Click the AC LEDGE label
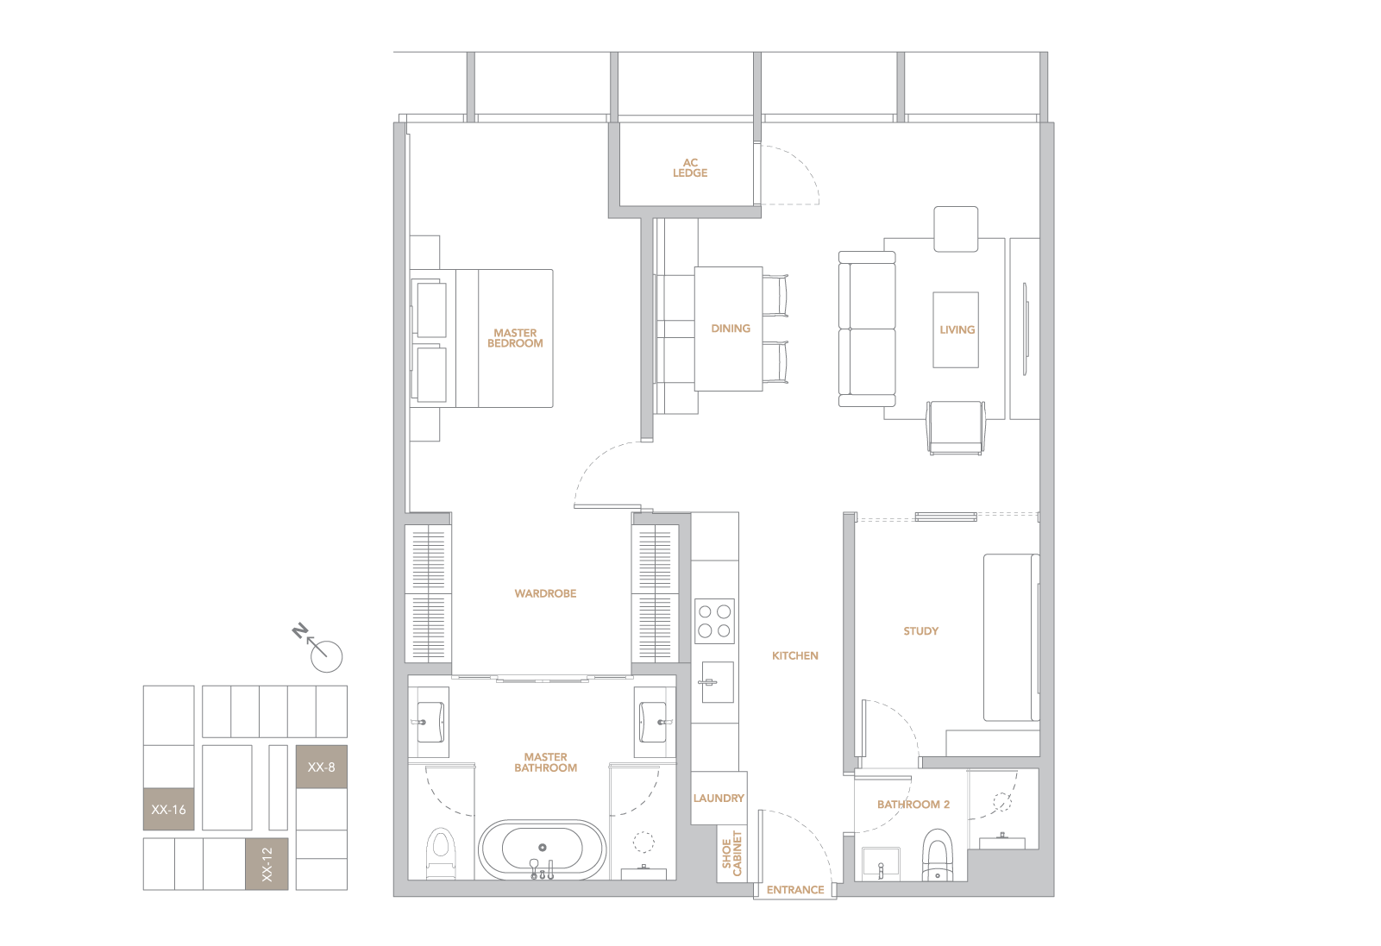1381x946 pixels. click(690, 168)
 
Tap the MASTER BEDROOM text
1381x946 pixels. click(515, 338)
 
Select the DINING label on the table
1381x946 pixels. click(731, 329)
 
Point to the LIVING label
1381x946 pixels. click(957, 329)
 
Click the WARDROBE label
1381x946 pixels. click(546, 593)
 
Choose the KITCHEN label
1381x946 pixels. click(795, 655)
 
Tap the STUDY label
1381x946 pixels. click(921, 631)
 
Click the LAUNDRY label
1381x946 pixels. click(719, 798)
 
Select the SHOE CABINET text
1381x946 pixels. click(731, 854)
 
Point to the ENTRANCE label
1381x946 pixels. click(795, 890)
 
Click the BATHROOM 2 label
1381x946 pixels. click(913, 805)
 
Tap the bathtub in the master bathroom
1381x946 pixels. click(543, 850)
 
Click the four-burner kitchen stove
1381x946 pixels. click(714, 621)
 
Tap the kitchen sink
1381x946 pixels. click(718, 682)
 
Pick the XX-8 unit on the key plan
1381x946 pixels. click(321, 767)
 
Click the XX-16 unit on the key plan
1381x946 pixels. click(168, 809)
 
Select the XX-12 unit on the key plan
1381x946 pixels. click(267, 863)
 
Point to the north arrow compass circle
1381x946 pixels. click(326, 656)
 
